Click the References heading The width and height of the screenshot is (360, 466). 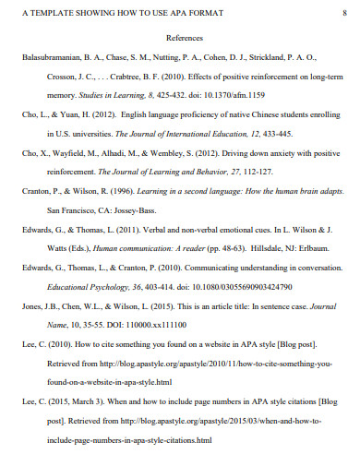tap(184, 39)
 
